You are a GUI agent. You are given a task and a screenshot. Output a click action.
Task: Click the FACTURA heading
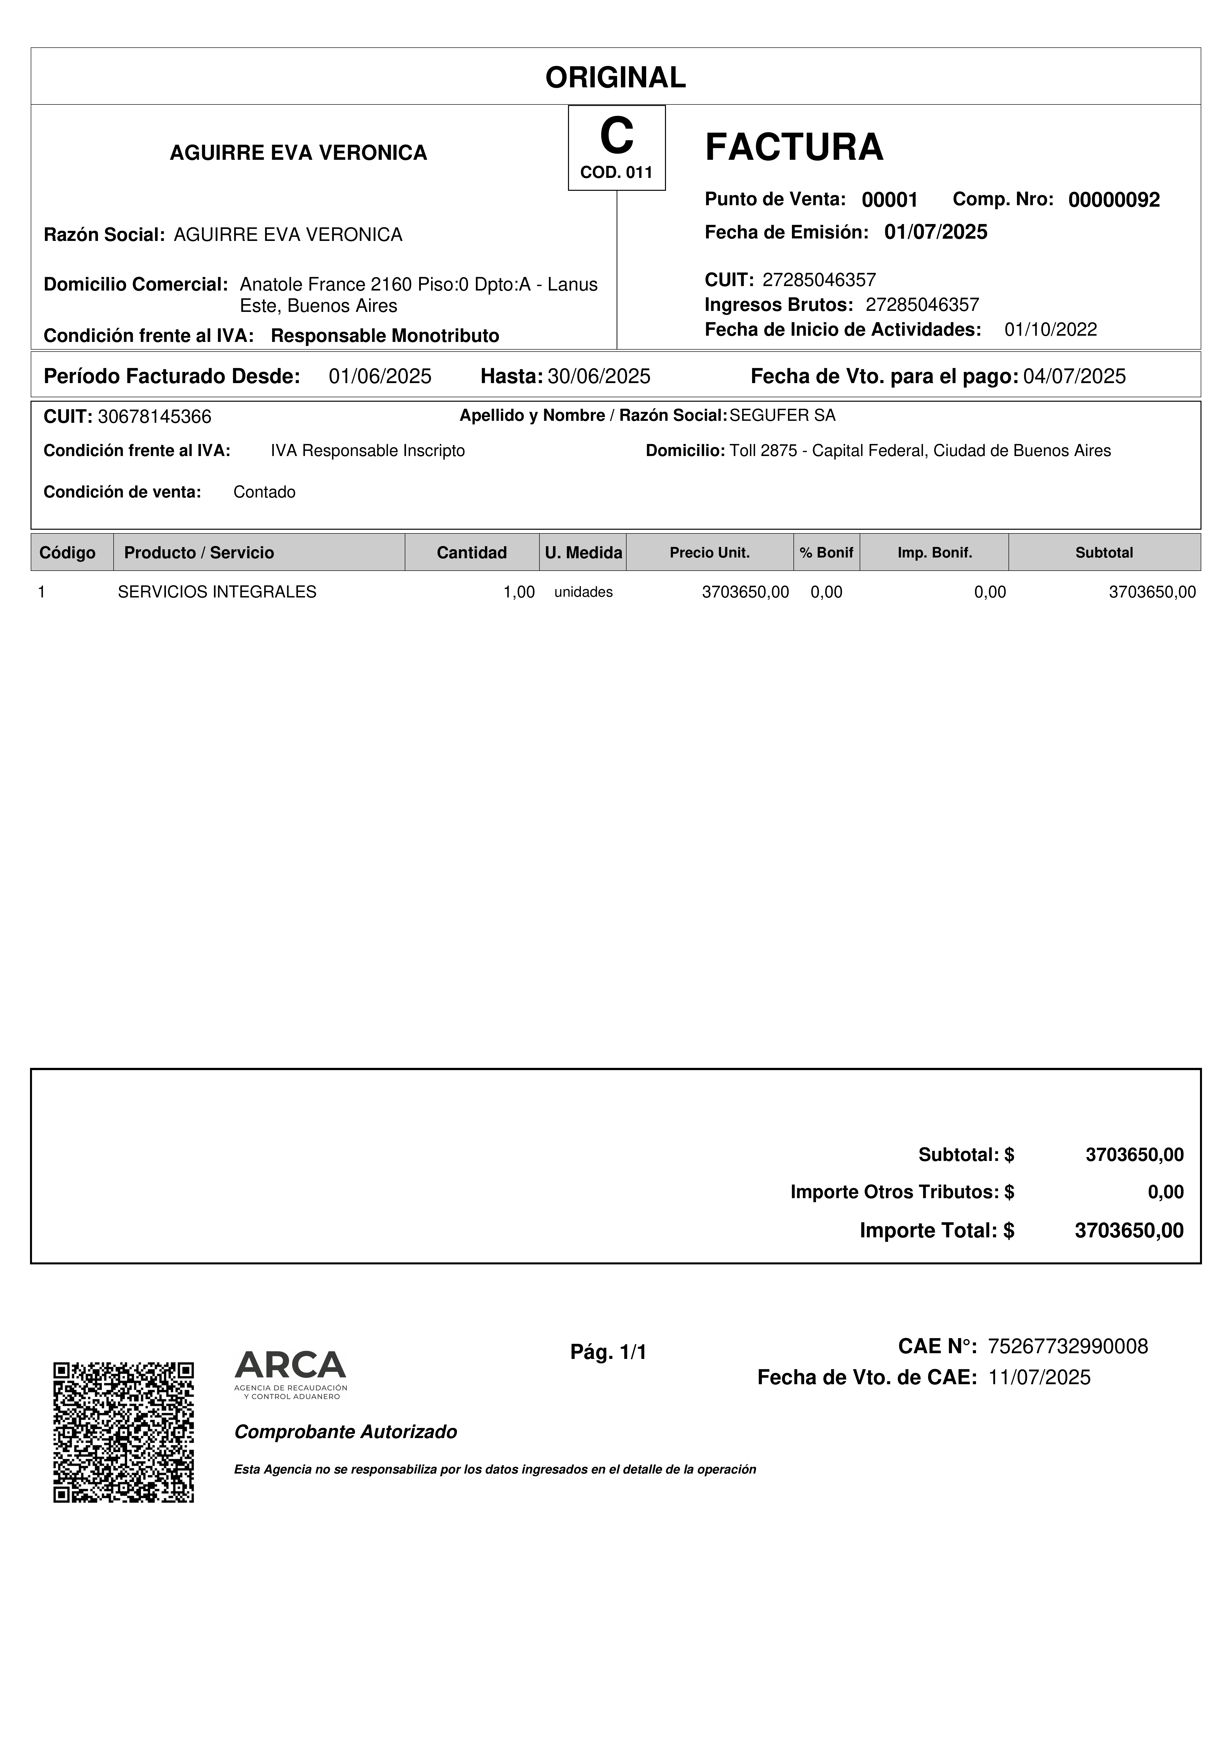click(x=793, y=147)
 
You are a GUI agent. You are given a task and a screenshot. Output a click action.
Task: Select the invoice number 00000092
click(x=1113, y=200)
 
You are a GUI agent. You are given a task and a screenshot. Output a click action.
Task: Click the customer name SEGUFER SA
click(x=782, y=416)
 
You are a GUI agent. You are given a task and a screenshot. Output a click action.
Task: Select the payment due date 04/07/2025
click(x=1074, y=376)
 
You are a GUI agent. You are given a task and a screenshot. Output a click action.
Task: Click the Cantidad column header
click(x=471, y=553)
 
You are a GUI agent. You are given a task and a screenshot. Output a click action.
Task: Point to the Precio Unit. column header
click(x=709, y=553)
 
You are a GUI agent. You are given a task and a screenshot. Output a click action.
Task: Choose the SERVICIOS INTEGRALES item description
click(x=217, y=592)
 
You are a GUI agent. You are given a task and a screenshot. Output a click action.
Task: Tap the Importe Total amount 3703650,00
click(x=1129, y=1230)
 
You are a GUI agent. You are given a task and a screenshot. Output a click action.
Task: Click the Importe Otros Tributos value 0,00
click(x=1165, y=1192)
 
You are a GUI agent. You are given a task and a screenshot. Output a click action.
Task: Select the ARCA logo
click(x=290, y=1374)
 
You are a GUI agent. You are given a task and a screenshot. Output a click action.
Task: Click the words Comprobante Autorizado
click(x=346, y=1432)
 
